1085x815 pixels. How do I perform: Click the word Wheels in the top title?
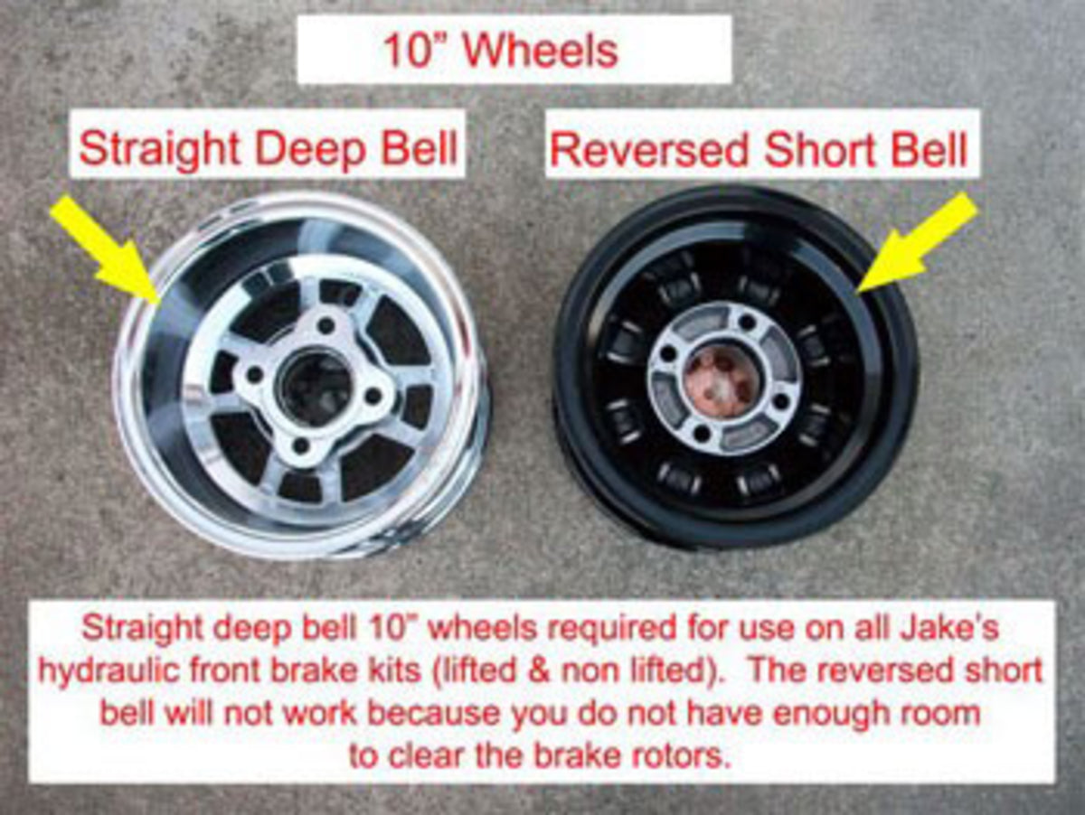541,50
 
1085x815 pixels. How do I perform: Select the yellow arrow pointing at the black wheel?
918,244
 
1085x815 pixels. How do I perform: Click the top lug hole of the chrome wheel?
325,326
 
